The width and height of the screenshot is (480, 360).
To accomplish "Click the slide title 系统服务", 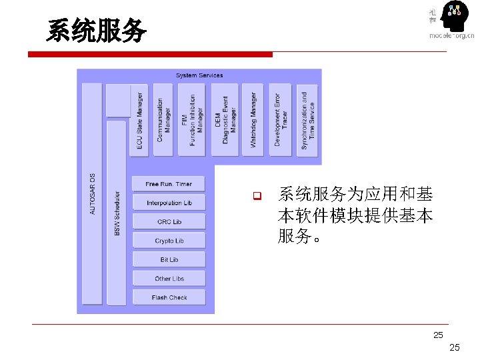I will (96, 31).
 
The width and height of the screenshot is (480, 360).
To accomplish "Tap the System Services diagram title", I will (199, 75).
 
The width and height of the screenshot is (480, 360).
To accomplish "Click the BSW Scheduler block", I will (117, 213).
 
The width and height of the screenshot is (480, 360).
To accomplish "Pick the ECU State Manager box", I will (139, 120).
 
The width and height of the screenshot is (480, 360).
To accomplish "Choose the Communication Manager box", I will (163, 120).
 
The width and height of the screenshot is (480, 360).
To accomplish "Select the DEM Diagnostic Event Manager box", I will (225, 120).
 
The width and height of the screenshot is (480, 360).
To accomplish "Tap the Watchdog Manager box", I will (253, 120).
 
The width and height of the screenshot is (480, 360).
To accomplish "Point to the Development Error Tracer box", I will (280, 120).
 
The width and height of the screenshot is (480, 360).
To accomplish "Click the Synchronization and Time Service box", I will (307, 121).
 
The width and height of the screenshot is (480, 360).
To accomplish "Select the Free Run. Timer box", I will (169, 184).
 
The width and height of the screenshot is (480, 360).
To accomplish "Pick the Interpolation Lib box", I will (169, 203).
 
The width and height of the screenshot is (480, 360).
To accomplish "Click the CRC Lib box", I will (169, 222).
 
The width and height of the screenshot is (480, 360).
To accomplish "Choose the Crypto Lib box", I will (169, 241).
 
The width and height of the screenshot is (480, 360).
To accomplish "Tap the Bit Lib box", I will (169, 260).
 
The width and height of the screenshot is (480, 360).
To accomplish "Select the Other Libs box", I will (169, 279).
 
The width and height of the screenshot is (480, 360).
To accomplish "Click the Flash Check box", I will (169, 298).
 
